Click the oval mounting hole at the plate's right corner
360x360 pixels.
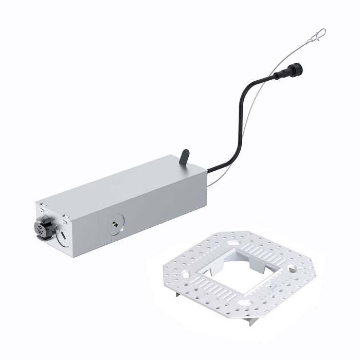pyautogui.click(x=292, y=269)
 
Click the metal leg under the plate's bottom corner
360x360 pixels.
pyautogui.click(x=251, y=320)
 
